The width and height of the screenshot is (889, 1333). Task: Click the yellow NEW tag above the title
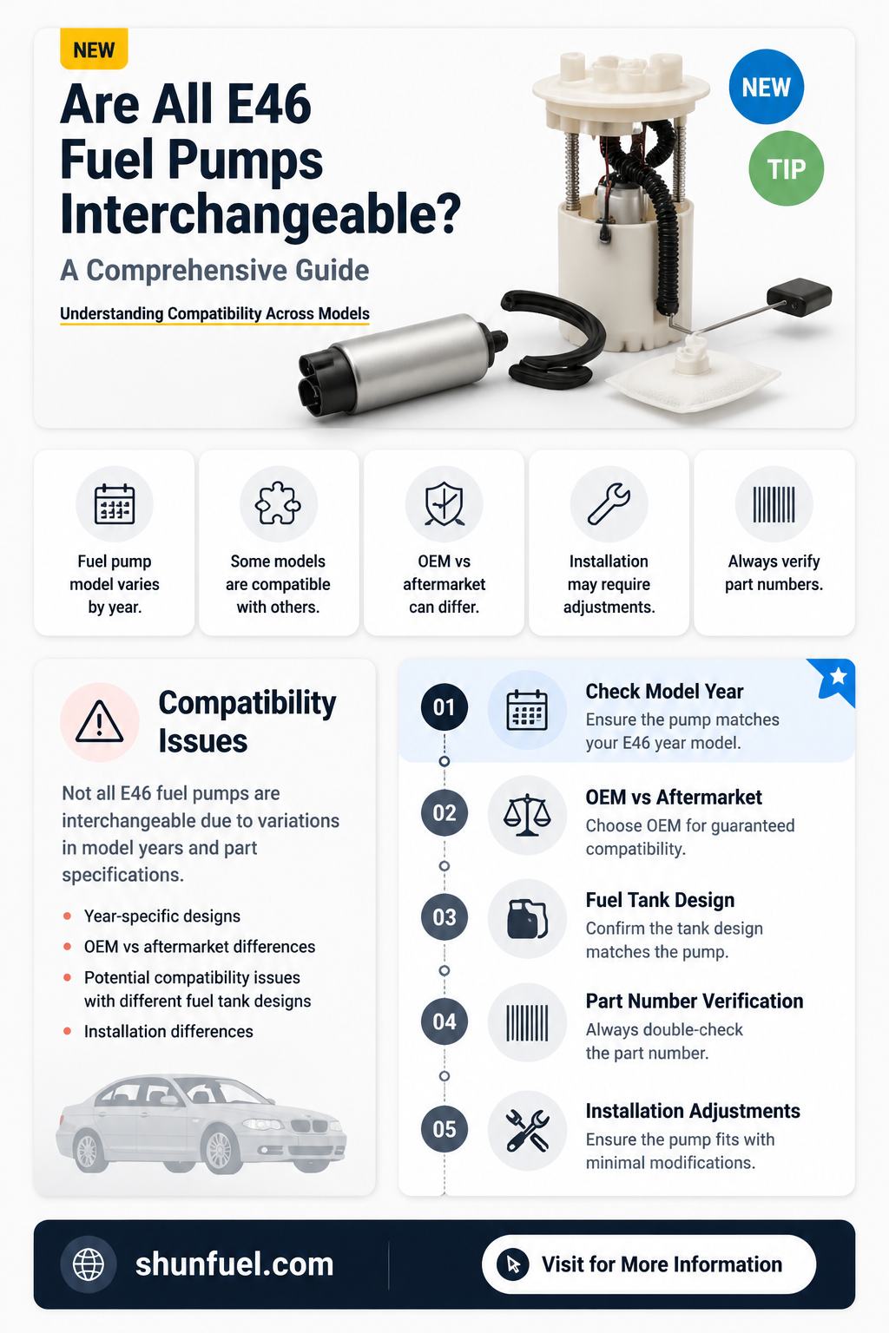(94, 49)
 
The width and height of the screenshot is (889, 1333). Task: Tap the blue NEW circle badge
(767, 87)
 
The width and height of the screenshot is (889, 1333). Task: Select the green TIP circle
(786, 168)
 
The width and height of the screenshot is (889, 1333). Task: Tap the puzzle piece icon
(278, 503)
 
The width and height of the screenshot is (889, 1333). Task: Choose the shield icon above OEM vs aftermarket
(444, 504)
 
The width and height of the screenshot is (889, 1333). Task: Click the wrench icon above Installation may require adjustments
(609, 503)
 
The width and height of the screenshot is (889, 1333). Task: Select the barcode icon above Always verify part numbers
(774, 504)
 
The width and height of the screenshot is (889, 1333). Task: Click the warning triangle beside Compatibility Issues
(100, 722)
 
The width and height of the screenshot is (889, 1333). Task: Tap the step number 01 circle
(444, 707)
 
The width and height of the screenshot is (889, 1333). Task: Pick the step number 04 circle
(444, 1021)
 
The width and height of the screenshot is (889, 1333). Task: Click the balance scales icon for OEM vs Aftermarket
(526, 815)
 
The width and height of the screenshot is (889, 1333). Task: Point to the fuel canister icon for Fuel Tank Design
(527, 919)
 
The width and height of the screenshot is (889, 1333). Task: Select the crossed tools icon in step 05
(527, 1130)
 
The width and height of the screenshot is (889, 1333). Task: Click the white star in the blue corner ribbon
(839, 675)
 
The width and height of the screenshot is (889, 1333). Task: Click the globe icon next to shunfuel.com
(89, 1264)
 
